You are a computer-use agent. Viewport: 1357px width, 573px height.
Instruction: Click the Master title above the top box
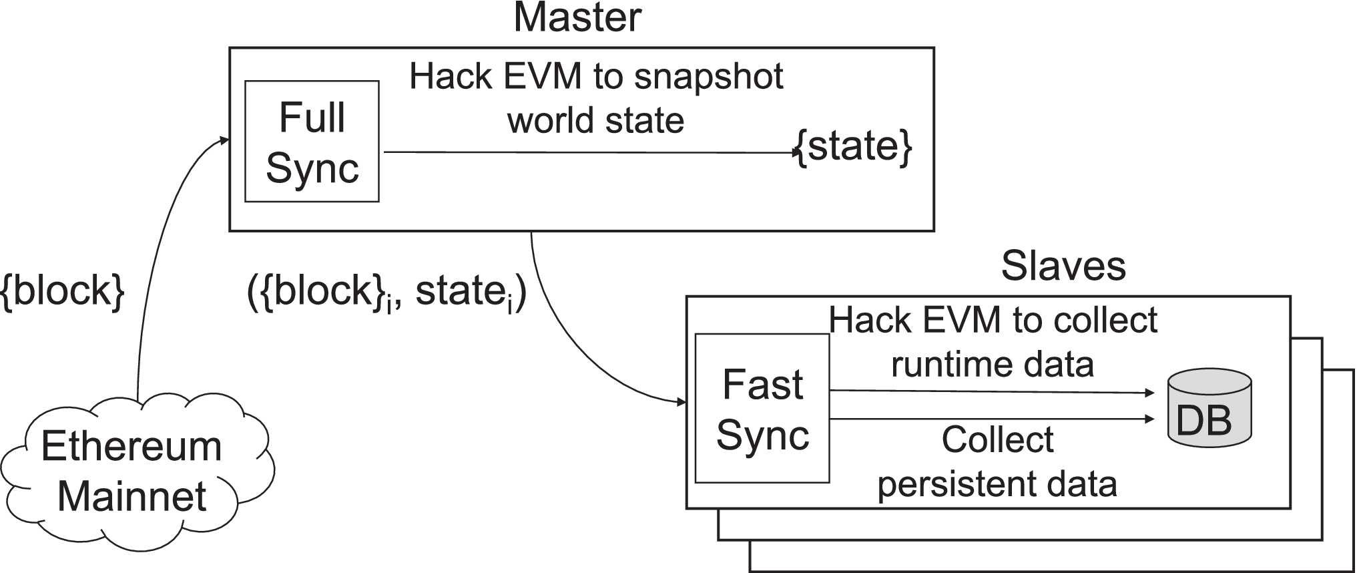point(577,18)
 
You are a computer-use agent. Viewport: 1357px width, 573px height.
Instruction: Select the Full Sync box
point(312,142)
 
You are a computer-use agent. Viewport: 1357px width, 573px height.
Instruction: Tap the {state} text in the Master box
point(854,146)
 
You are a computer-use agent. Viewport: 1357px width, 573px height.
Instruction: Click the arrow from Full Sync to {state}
point(587,152)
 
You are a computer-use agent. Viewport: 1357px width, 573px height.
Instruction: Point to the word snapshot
point(708,77)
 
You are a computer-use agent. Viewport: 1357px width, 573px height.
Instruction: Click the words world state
point(595,121)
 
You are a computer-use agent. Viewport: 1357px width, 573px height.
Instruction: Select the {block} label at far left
point(63,291)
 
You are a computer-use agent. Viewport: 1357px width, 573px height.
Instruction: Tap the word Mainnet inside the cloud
point(132,497)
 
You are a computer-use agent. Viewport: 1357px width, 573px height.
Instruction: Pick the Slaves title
point(1063,266)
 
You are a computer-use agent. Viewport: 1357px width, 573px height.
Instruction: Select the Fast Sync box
point(762,409)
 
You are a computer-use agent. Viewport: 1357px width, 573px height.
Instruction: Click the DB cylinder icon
point(1209,409)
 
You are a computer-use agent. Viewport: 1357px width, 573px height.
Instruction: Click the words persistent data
point(997,484)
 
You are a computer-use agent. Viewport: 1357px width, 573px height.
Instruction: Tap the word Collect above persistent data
point(997,440)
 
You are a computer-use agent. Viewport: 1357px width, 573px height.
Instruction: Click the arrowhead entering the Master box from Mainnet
point(224,140)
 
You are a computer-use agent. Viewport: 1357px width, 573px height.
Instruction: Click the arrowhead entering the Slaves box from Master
point(682,402)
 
